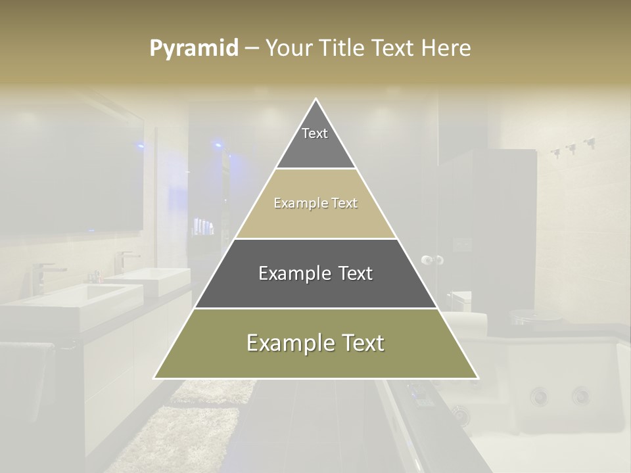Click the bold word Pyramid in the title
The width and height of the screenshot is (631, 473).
(194, 49)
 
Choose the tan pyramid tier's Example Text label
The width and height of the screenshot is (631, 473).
(315, 204)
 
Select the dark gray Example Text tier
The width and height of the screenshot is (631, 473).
(315, 273)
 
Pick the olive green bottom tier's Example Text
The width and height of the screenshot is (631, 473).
(315, 344)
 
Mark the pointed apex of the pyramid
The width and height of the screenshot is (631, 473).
(316, 100)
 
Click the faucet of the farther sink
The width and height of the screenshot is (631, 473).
(125, 259)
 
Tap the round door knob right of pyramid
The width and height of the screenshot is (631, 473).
(432, 260)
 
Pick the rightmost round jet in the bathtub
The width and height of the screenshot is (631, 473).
(580, 396)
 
